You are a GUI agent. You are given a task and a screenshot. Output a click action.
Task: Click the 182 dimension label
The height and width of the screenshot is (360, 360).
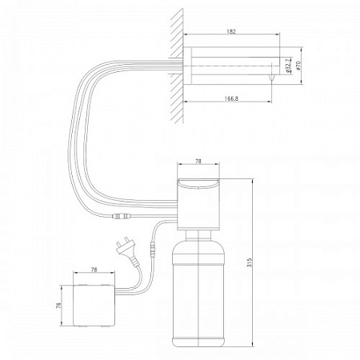point(231,31)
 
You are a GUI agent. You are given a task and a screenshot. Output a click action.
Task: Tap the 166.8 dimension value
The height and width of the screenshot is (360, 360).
point(231,98)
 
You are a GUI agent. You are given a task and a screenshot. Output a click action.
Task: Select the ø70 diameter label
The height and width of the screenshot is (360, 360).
point(298,66)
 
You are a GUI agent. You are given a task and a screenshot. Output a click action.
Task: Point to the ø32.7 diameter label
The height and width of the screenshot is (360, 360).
point(288,66)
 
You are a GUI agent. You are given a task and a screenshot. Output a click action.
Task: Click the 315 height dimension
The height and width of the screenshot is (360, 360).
point(249,262)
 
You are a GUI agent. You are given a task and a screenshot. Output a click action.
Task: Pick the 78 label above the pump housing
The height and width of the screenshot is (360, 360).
point(198,161)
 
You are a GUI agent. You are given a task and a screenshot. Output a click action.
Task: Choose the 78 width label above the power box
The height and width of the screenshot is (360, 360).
point(94,270)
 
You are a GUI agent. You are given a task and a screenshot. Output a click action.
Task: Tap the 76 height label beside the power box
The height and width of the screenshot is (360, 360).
point(59,306)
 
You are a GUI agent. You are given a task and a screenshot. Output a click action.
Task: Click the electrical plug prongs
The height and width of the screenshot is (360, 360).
point(119,245)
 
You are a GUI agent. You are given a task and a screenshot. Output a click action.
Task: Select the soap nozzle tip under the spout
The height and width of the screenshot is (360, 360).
point(271,78)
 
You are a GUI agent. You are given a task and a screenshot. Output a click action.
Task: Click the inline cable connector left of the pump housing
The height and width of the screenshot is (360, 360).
point(122,216)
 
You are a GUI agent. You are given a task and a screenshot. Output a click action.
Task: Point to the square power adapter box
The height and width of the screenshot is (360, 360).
point(94,306)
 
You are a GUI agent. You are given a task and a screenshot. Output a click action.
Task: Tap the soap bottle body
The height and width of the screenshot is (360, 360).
point(198,294)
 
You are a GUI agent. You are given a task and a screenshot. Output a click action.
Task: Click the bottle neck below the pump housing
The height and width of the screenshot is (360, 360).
point(198,234)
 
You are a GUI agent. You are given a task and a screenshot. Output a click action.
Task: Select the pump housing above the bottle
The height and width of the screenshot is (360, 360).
point(198,204)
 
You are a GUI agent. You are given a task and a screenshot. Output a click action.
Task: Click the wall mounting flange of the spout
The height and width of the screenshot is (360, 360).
point(187,66)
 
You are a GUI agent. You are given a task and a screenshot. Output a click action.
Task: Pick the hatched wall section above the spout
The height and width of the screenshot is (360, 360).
point(177,32)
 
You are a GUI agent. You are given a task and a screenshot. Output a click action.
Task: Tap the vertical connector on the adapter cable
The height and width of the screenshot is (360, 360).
point(153,250)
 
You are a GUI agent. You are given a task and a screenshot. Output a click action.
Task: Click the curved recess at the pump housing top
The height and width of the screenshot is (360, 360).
point(198,185)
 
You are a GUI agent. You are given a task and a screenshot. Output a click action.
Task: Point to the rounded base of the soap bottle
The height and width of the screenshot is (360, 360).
point(198,342)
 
